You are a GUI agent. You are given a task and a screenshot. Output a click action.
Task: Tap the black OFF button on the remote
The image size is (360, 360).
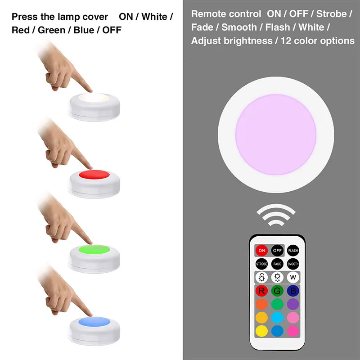tap(277, 250)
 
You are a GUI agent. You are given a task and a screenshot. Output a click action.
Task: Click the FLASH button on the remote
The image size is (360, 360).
tap(293, 250)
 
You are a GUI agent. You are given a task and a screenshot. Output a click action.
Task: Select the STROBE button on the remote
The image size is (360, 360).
tap(261, 264)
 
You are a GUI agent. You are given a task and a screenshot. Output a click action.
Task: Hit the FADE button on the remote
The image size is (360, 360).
tap(277, 264)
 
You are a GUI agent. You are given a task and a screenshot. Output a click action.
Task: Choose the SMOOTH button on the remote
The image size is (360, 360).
tap(293, 264)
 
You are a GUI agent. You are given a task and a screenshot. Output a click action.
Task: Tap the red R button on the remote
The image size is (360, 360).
tap(261, 290)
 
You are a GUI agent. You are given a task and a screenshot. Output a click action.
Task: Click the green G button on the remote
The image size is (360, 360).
tap(277, 290)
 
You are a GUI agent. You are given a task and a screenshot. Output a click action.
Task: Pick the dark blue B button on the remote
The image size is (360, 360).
tap(293, 290)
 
